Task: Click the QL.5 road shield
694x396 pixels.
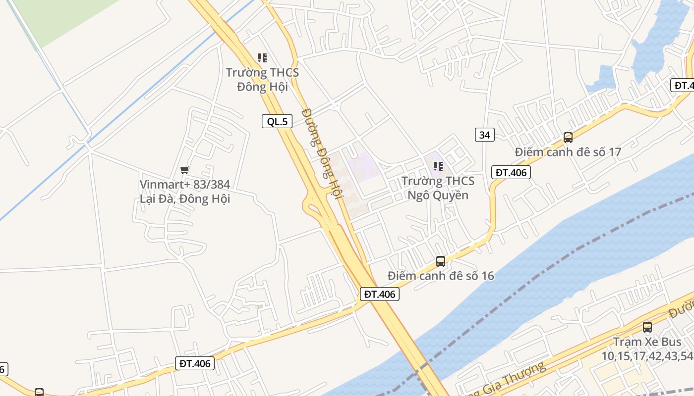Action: [x=277, y=121]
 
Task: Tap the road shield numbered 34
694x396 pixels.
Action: [x=485, y=134]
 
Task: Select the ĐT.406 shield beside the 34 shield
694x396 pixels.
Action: [x=511, y=172]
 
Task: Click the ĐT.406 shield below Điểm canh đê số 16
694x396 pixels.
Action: [x=379, y=294]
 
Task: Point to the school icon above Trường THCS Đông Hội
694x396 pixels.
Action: [x=262, y=58]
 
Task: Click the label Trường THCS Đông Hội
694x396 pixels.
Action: [x=262, y=80]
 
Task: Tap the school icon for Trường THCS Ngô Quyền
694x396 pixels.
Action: [x=438, y=166]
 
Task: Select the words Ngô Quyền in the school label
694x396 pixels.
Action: [x=438, y=195]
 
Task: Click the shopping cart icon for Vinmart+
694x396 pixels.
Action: [x=185, y=170]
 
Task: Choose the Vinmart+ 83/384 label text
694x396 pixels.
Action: [x=185, y=185]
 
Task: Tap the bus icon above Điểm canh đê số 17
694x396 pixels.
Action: [x=568, y=138]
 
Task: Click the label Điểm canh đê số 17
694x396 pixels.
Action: [x=568, y=152]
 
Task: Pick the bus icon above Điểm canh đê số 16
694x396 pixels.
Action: [x=440, y=261]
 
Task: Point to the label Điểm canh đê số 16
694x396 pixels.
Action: [x=441, y=276]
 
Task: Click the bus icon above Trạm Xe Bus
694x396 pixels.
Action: [x=647, y=327]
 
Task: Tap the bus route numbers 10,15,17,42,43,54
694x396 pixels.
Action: [x=647, y=356]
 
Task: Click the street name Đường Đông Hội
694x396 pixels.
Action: [x=322, y=153]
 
